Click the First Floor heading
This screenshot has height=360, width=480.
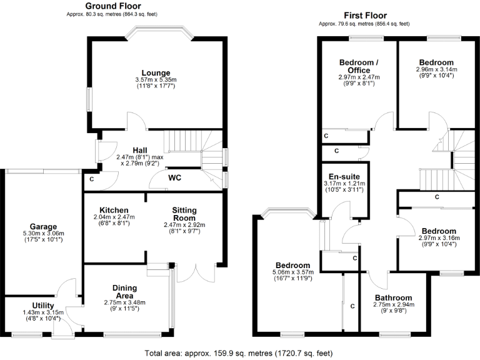coord(365,16)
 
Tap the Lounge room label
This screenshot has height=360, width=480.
coord(156,72)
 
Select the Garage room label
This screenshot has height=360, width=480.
coord(42,226)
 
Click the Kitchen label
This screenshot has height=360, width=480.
coord(114,209)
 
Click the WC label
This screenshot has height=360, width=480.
coord(175,177)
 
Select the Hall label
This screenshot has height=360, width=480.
coord(139,150)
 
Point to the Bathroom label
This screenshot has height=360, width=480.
coord(394,297)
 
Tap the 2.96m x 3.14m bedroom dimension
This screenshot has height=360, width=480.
coord(436,70)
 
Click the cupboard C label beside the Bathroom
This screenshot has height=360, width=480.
coord(352,306)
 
